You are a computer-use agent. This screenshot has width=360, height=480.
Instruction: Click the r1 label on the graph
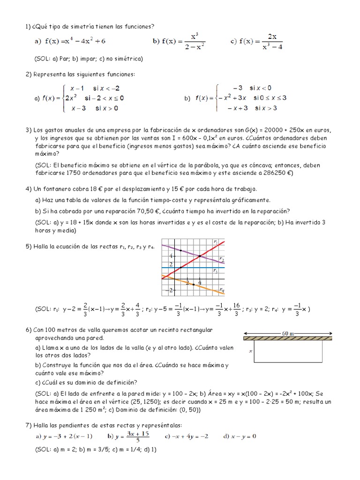(215, 241)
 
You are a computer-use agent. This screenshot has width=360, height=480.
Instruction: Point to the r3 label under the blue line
(215, 271)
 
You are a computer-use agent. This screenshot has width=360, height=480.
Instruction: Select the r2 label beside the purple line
(221, 260)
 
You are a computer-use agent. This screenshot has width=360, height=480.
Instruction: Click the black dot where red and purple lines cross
(200, 256)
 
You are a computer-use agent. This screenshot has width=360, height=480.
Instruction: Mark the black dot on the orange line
(194, 285)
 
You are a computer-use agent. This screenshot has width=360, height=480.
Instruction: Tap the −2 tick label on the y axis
(170, 291)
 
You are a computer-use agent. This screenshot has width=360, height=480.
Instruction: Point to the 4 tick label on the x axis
(200, 282)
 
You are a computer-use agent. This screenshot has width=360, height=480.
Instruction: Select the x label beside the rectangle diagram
(250, 350)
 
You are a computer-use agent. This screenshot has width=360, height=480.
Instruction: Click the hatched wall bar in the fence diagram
(288, 337)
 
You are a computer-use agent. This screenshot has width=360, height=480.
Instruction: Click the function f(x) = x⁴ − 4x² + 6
(70, 41)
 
